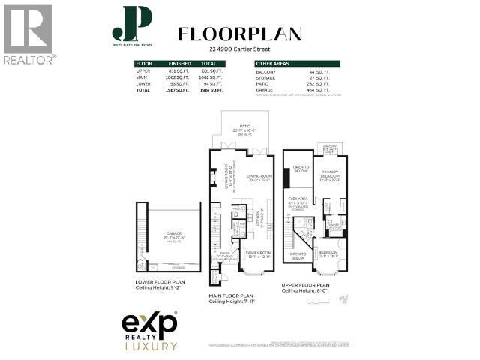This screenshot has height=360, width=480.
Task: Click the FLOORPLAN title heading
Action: click(x=239, y=34)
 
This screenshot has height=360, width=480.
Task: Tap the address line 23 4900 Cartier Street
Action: click(x=239, y=50)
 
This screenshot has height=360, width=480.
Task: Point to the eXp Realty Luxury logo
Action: click(x=150, y=331)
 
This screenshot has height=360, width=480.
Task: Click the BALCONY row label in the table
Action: click(x=266, y=70)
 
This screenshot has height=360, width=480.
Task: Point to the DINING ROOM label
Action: click(x=259, y=177)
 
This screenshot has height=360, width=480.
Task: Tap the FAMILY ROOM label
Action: click(x=258, y=254)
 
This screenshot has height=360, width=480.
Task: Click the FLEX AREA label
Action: click(x=298, y=199)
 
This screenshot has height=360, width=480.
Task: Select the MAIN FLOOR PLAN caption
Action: click(x=232, y=296)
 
